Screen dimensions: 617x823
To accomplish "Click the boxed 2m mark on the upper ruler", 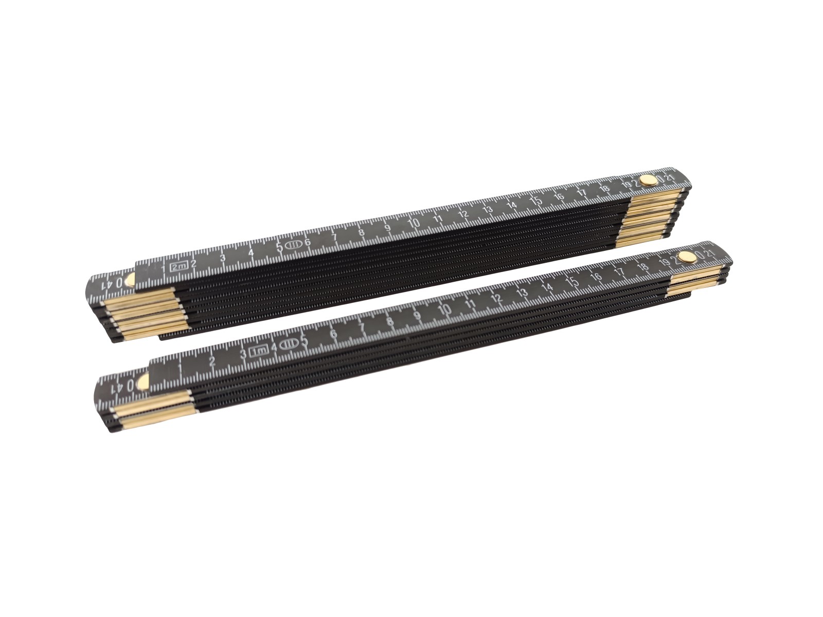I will (x=179, y=266).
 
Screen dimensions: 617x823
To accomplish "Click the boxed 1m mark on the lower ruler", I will (x=259, y=351).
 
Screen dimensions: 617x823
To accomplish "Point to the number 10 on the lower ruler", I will (x=445, y=310).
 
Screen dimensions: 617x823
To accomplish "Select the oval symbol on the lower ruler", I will (x=288, y=344).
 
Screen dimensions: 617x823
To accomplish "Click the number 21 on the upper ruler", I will (x=669, y=177).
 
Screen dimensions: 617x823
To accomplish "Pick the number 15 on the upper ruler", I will (x=536, y=201).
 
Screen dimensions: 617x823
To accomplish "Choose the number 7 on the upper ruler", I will (x=334, y=237).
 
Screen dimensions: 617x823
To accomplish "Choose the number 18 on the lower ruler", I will (x=641, y=266).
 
